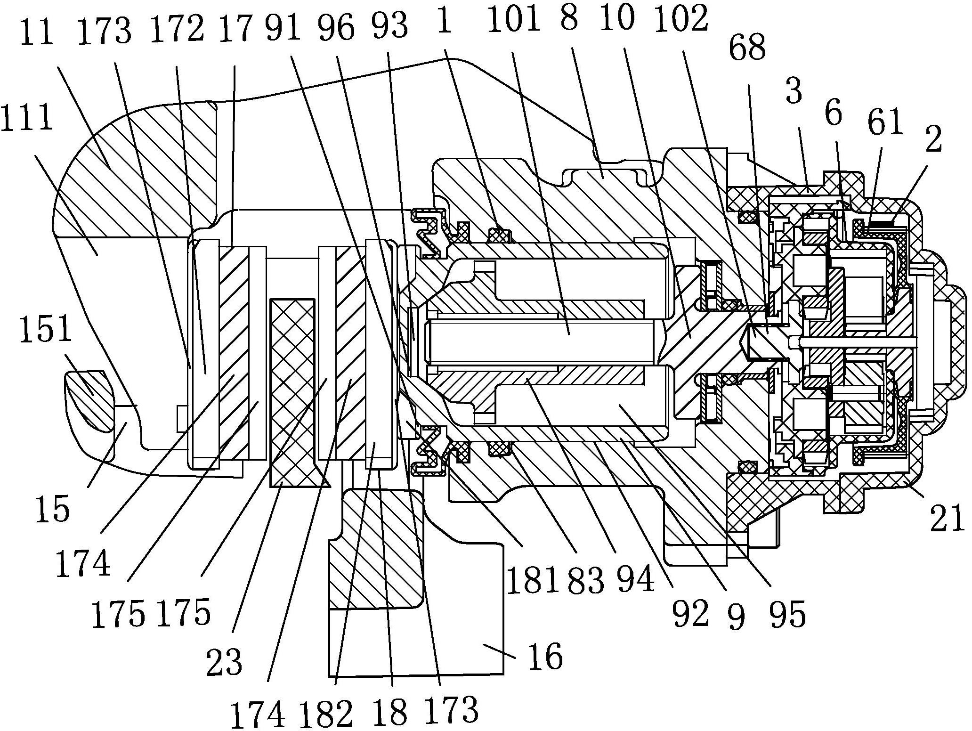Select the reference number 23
(224, 661)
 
